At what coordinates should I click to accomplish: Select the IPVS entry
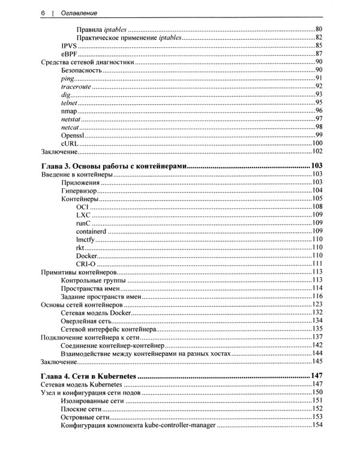click(x=68, y=46)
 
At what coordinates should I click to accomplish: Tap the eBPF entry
click(x=69, y=54)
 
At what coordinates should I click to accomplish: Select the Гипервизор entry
click(x=82, y=190)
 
